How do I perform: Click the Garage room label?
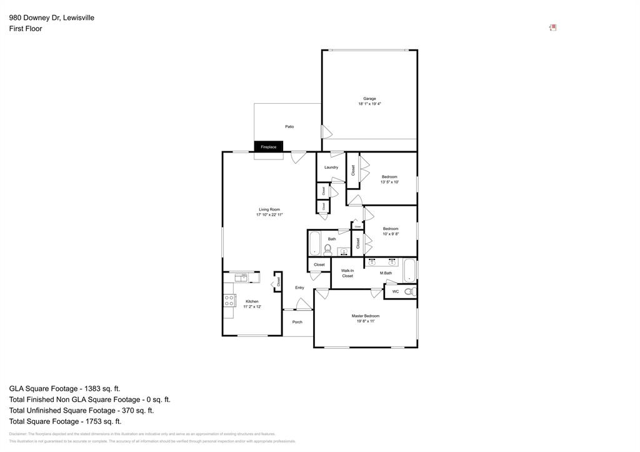(369, 99)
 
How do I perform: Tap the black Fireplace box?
(268, 147)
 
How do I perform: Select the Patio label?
(289, 127)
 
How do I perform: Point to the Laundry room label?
(331, 168)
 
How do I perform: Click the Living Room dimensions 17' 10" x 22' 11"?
(269, 214)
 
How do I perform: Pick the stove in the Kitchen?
(229, 301)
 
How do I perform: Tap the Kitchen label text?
(252, 301)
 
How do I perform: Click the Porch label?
(297, 322)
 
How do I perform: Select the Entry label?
(299, 288)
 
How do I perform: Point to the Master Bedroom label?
(365, 316)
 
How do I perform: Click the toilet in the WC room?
(409, 292)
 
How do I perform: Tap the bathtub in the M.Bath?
(409, 270)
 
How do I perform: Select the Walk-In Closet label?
(347, 273)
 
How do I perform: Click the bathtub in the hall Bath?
(314, 244)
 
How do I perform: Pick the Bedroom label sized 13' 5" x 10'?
(389, 177)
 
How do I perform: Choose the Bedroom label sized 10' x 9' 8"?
(391, 229)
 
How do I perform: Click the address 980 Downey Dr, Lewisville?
(52, 18)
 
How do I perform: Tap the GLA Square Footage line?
(64, 388)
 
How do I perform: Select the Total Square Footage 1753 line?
(65, 421)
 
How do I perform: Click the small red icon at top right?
(552, 28)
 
